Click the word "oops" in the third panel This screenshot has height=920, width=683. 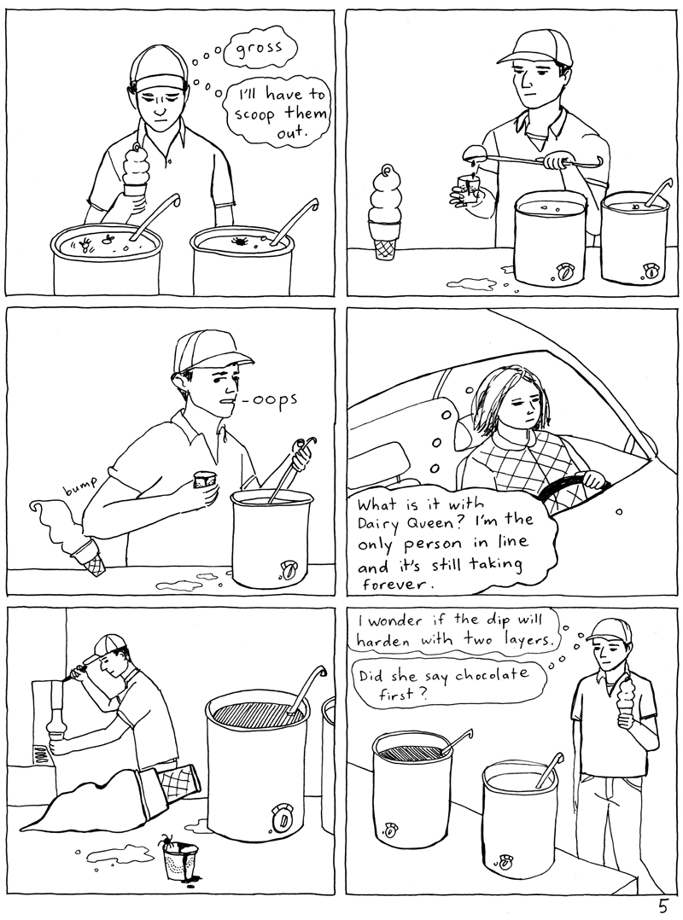(x=273, y=399)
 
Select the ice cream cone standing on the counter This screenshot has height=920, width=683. (x=385, y=213)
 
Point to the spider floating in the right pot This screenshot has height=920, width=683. (x=240, y=244)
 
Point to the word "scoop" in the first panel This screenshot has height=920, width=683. (x=254, y=114)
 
